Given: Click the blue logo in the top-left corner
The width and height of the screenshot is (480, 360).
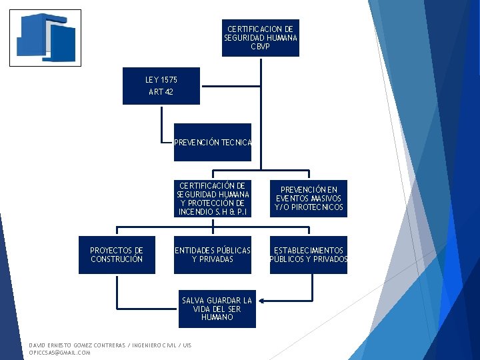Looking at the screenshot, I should coord(45,37).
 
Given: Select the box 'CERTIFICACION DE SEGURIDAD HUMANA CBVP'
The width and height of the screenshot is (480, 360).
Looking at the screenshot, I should coord(261,39).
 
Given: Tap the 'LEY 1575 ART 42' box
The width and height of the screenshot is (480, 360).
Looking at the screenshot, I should coord(161,86).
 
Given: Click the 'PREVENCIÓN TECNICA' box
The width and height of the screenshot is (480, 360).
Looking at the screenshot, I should coord(213,142).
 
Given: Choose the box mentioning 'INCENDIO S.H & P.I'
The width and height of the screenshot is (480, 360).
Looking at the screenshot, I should coord(213,199).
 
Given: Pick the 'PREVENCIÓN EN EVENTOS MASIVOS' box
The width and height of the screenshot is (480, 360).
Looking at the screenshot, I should coord(309,199).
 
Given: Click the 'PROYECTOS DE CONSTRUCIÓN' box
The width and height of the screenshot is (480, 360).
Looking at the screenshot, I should coord(117,255).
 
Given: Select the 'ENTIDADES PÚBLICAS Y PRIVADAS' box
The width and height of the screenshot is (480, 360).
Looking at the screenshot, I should coord(213,255).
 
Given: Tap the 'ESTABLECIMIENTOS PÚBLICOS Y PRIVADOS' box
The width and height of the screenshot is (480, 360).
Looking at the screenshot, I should coord(309,255).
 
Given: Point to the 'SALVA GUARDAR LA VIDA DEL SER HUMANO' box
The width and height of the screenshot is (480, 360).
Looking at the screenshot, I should coord(217,309).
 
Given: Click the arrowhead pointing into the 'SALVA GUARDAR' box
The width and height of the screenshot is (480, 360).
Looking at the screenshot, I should coord(261,301).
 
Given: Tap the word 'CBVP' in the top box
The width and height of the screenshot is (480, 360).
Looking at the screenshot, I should coord(261,47).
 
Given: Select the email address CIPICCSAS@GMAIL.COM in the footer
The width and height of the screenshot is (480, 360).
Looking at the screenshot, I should coord(60,353).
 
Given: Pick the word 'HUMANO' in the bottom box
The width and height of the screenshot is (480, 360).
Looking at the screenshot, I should coord(217,317).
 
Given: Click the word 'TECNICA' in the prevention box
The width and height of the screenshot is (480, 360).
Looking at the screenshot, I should coord(238,142).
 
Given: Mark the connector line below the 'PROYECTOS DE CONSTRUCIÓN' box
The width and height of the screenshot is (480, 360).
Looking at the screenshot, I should coord(117,293).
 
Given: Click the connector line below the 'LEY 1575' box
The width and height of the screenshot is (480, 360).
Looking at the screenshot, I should coord(162,123).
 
